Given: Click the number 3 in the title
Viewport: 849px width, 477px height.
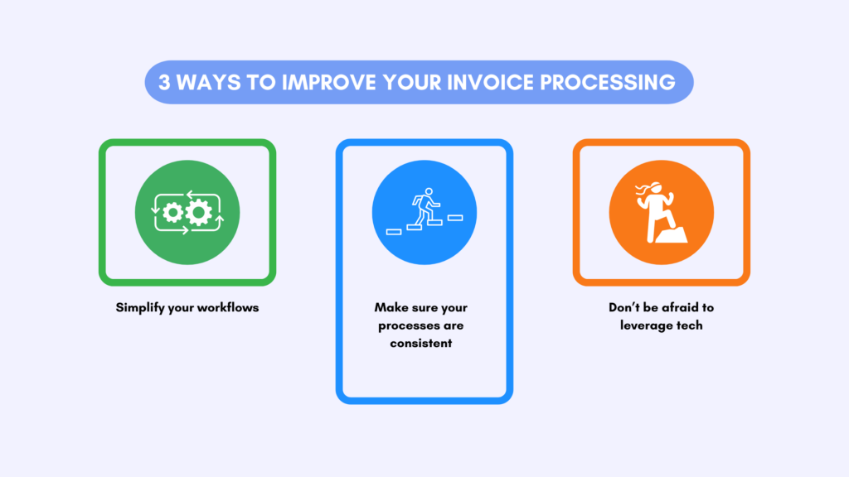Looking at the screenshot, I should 165,83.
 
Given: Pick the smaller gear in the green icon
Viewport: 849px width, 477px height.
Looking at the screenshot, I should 173,213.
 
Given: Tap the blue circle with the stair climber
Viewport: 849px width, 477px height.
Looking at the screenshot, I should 424,212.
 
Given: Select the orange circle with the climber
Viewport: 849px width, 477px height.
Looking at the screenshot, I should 661,212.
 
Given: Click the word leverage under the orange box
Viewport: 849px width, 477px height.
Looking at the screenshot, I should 647,325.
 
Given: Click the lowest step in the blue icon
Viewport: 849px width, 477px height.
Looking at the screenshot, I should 394,231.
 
